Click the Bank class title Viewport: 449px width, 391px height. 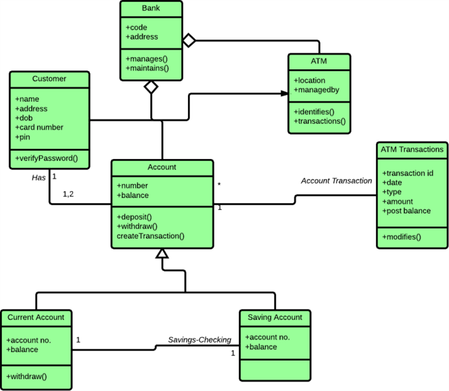click(151, 8)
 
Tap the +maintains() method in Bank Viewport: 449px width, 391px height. click(147, 68)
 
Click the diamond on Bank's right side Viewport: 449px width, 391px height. click(190, 40)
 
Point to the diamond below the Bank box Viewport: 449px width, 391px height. click(151, 86)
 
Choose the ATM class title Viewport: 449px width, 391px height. click(319, 61)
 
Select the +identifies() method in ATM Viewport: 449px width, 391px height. click(314, 111)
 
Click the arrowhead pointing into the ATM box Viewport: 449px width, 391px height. click(283, 94)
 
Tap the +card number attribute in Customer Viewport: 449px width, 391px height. click(39, 127)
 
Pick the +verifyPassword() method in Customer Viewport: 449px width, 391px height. click(47, 158)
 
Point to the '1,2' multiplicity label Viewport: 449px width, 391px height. click(69, 194)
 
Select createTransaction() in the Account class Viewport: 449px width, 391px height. click(150, 236)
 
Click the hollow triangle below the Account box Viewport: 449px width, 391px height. click(162, 254)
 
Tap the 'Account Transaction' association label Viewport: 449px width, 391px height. click(336, 181)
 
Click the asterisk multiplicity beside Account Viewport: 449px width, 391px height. click(220, 184)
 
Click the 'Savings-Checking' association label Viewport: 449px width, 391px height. click(200, 339)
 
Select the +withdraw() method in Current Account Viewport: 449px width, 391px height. click(27, 376)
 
